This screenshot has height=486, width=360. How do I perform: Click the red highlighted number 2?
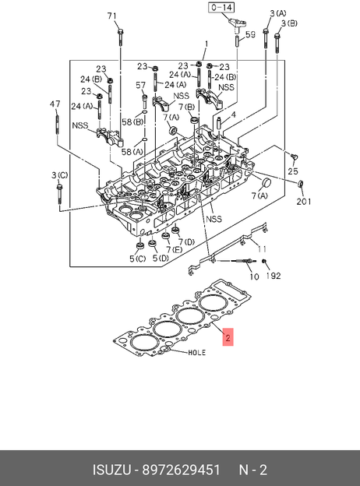[x=228, y=337]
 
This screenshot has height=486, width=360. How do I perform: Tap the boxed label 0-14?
[x=222, y=8]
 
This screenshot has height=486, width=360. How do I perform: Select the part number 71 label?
[x=111, y=16]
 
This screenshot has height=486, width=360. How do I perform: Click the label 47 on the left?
[x=55, y=104]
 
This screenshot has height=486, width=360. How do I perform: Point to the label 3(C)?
[x=59, y=175]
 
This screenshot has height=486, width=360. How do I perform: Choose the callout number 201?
[x=304, y=202]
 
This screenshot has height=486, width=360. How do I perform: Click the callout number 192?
[x=274, y=276]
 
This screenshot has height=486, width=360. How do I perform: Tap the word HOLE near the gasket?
[x=197, y=353]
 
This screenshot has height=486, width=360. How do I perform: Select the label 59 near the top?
[x=250, y=34]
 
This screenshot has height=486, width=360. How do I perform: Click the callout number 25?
[x=293, y=171]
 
